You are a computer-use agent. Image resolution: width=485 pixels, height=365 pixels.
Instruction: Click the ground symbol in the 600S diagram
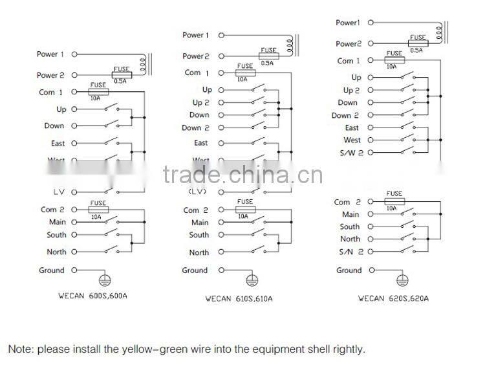click(103, 281)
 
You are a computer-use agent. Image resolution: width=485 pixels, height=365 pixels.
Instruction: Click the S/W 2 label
click(350, 153)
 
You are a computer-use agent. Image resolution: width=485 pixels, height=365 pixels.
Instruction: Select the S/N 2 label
click(350, 252)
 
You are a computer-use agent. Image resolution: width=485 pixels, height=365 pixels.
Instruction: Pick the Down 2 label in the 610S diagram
click(196, 128)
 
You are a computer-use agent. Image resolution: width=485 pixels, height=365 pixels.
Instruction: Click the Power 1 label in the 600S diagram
click(50, 54)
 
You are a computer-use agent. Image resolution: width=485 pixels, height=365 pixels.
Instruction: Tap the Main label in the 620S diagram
click(350, 214)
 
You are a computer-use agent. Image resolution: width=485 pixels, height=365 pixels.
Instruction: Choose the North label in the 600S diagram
click(56, 252)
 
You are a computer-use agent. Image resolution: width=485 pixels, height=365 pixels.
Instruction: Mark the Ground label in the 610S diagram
click(195, 271)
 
